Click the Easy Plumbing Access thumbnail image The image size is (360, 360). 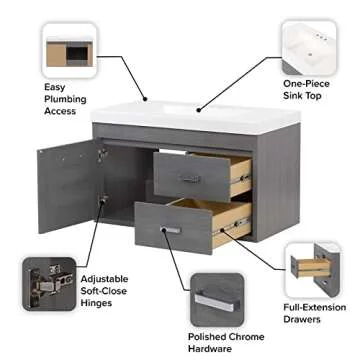pos(69,50)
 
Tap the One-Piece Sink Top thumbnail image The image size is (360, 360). pos(309,46)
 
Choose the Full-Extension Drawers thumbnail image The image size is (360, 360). pos(313,269)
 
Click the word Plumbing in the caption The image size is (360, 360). pos(72,99)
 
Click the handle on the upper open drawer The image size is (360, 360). pos(190,178)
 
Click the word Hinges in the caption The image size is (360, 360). pos(97,301)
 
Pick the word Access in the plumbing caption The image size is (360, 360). pos(61,112)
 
